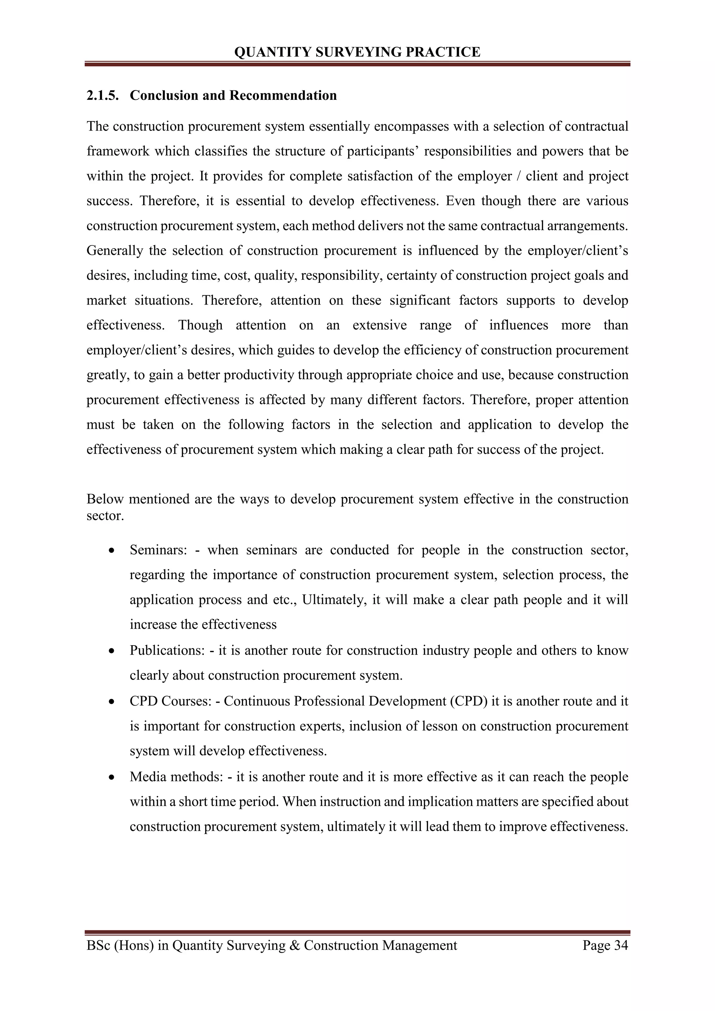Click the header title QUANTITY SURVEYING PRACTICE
click(x=357, y=52)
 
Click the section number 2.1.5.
click(x=102, y=96)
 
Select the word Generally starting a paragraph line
click(x=115, y=251)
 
